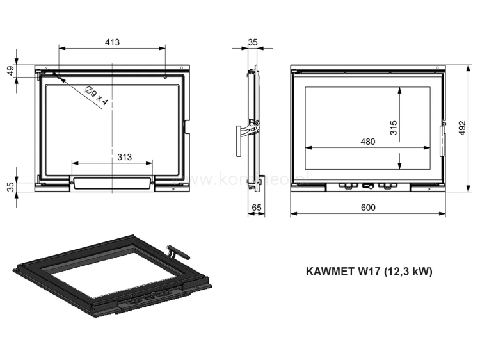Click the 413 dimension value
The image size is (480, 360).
point(112,42)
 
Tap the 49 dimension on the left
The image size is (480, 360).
point(11,70)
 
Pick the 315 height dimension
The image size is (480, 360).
point(393,129)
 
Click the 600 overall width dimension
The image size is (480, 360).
point(367,207)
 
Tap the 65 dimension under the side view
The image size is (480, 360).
point(257,207)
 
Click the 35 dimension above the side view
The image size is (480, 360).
point(252,42)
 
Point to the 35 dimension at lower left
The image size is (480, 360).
point(11,186)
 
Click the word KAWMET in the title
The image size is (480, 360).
point(332,271)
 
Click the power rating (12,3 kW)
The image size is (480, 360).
point(408,271)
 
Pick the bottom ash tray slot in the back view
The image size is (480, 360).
point(112,184)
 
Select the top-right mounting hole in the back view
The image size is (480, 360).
point(166,77)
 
